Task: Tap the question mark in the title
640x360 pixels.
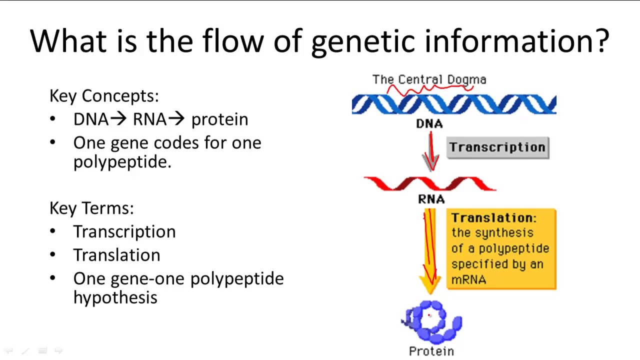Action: [601, 40]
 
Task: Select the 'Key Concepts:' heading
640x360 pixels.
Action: [104, 96]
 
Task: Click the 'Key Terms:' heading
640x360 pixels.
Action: [91, 208]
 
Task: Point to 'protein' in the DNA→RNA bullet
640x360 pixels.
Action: [219, 120]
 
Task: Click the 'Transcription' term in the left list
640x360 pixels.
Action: [124, 231]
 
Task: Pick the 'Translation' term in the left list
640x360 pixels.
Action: [116, 255]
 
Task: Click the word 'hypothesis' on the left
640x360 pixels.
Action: [115, 297]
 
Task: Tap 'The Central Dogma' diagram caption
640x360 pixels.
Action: [429, 79]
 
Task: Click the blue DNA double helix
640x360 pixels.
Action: [453, 104]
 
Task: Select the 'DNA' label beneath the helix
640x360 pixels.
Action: [429, 123]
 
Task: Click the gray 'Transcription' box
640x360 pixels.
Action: [497, 147]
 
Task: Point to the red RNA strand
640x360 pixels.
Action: [430, 183]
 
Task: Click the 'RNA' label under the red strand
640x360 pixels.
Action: [431, 199]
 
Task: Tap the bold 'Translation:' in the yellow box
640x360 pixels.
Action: [493, 218]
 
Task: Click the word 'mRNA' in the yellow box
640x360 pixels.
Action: [468, 280]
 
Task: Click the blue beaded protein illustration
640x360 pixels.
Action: [432, 321]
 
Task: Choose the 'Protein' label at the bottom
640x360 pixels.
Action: [431, 351]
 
